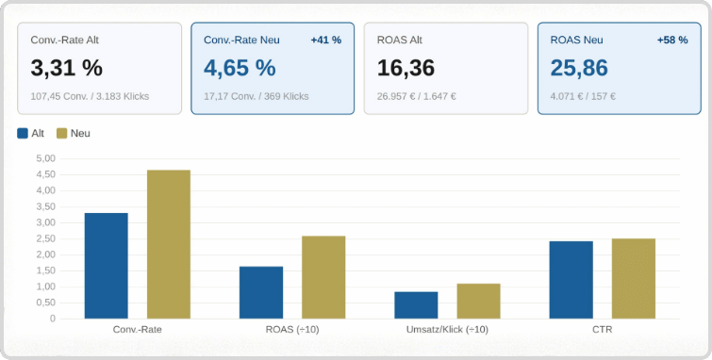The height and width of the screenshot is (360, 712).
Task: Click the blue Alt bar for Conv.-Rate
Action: pyautogui.click(x=106, y=266)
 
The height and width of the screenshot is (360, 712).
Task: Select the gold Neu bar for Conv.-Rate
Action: pyautogui.click(x=169, y=244)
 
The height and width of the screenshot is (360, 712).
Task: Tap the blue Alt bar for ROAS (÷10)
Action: pyautogui.click(x=261, y=292)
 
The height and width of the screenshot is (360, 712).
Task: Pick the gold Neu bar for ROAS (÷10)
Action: pyautogui.click(x=323, y=277)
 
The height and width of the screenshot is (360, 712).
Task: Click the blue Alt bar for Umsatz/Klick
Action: pyautogui.click(x=416, y=304)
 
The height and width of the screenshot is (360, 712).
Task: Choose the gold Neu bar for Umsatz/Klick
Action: pyautogui.click(x=478, y=301)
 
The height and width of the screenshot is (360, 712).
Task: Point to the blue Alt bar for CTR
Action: pyautogui.click(x=571, y=280)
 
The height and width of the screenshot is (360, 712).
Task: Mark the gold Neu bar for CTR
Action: pyautogui.click(x=633, y=278)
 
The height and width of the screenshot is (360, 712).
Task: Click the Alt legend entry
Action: pyautogui.click(x=31, y=134)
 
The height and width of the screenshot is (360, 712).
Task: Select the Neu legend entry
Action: pyautogui.click(x=73, y=134)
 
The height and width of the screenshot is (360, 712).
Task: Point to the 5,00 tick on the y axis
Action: pyautogui.click(x=45, y=158)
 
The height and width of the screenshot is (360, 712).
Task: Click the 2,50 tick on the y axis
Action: pyautogui.click(x=45, y=238)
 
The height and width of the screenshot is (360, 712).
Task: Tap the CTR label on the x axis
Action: pyautogui.click(x=602, y=330)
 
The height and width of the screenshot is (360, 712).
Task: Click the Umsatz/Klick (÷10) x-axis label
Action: pyautogui.click(x=447, y=330)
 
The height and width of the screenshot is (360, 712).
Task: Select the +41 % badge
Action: pyautogui.click(x=325, y=41)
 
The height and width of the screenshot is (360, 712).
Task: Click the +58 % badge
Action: pyautogui.click(x=671, y=41)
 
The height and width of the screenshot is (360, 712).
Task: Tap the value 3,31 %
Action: pyautogui.click(x=66, y=68)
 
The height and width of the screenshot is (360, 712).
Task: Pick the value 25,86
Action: pyautogui.click(x=579, y=68)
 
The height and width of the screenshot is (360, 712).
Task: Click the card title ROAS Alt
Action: pyautogui.click(x=399, y=41)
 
